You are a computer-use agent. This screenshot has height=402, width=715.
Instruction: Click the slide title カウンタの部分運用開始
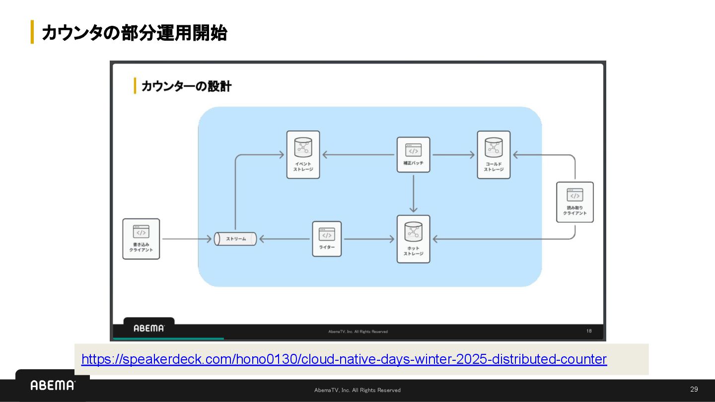(x=134, y=33)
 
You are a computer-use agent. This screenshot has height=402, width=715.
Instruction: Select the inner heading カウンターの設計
(x=186, y=86)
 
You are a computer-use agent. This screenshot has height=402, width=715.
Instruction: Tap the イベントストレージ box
(x=303, y=154)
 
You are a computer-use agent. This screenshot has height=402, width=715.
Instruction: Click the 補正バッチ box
(x=413, y=154)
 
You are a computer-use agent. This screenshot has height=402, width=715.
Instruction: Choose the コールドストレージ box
(x=494, y=154)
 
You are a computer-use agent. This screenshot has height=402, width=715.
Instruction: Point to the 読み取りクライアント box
(x=574, y=201)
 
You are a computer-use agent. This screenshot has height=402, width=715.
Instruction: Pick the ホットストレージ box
(x=413, y=239)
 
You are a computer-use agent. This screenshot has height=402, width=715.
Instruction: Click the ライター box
(x=327, y=239)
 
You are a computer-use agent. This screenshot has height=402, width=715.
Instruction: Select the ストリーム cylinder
(x=235, y=239)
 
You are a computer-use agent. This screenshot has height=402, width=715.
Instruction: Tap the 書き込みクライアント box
(x=141, y=239)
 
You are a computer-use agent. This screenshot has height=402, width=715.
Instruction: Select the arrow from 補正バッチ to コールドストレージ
(x=453, y=155)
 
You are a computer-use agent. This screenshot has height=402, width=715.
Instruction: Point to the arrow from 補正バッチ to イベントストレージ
(x=358, y=155)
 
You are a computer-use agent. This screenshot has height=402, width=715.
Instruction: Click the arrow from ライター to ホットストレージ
(x=368, y=239)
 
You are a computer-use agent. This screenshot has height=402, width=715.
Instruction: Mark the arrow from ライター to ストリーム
(x=285, y=239)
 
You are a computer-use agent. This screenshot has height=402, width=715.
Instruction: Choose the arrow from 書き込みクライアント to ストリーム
(x=187, y=239)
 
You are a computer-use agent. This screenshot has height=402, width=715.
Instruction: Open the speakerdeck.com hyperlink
(x=344, y=359)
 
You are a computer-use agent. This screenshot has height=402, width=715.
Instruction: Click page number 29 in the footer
(x=694, y=389)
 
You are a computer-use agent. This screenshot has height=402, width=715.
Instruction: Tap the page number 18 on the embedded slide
(x=588, y=331)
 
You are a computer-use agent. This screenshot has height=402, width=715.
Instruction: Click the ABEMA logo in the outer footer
(x=53, y=385)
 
